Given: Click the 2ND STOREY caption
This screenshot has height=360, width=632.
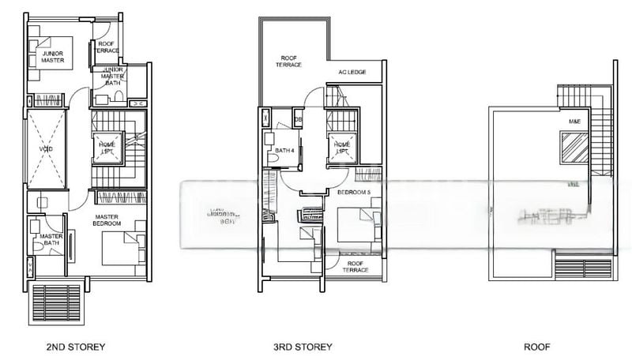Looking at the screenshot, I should (x=76, y=347).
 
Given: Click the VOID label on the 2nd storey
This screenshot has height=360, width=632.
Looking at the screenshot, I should (x=46, y=148).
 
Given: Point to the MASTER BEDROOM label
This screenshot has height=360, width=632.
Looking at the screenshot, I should (x=107, y=220).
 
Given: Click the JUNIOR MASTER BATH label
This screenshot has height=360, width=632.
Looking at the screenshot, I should (x=108, y=76).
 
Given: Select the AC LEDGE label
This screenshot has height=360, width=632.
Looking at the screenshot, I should (x=352, y=72).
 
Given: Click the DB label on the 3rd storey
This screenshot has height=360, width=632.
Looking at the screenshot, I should (x=298, y=120).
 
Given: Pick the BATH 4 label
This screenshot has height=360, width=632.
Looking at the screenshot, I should (x=285, y=150).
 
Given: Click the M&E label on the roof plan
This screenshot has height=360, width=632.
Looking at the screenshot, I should (x=574, y=122).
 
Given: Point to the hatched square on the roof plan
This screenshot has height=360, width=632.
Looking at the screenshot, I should (x=574, y=147).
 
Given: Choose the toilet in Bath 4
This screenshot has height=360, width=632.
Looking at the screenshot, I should (x=272, y=158).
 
